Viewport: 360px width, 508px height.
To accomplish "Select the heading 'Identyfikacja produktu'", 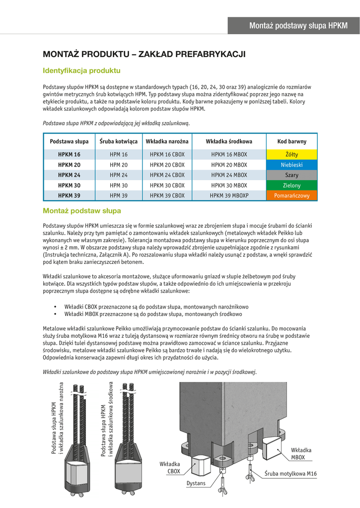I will (x=81, y=70).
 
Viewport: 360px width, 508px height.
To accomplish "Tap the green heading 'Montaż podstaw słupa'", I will (x=82, y=211).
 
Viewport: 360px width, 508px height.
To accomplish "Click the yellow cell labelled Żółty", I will (x=292, y=154).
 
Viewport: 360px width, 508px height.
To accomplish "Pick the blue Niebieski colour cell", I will (x=292, y=165).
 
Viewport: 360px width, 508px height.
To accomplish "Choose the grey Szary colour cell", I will (x=292, y=175).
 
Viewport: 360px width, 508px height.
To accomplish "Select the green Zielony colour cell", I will (x=292, y=186).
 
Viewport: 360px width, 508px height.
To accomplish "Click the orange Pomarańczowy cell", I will (x=292, y=196).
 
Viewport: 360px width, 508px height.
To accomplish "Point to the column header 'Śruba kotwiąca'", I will (x=119, y=141).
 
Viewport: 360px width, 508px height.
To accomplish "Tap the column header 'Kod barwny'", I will (x=292, y=141).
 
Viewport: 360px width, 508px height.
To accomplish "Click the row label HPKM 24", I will (x=69, y=175).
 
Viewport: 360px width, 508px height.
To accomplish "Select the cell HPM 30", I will (x=119, y=186).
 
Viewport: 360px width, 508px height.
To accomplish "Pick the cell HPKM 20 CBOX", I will (x=167, y=165).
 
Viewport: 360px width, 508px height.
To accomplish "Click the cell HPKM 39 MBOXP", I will (x=229, y=196).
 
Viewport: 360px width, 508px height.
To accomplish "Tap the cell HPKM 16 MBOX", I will (x=229, y=154).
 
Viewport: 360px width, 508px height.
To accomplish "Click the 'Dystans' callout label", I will (x=196, y=483).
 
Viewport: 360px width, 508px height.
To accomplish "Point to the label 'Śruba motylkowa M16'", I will (x=290, y=474).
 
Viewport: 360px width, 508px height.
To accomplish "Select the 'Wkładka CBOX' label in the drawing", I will (x=170, y=468).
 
